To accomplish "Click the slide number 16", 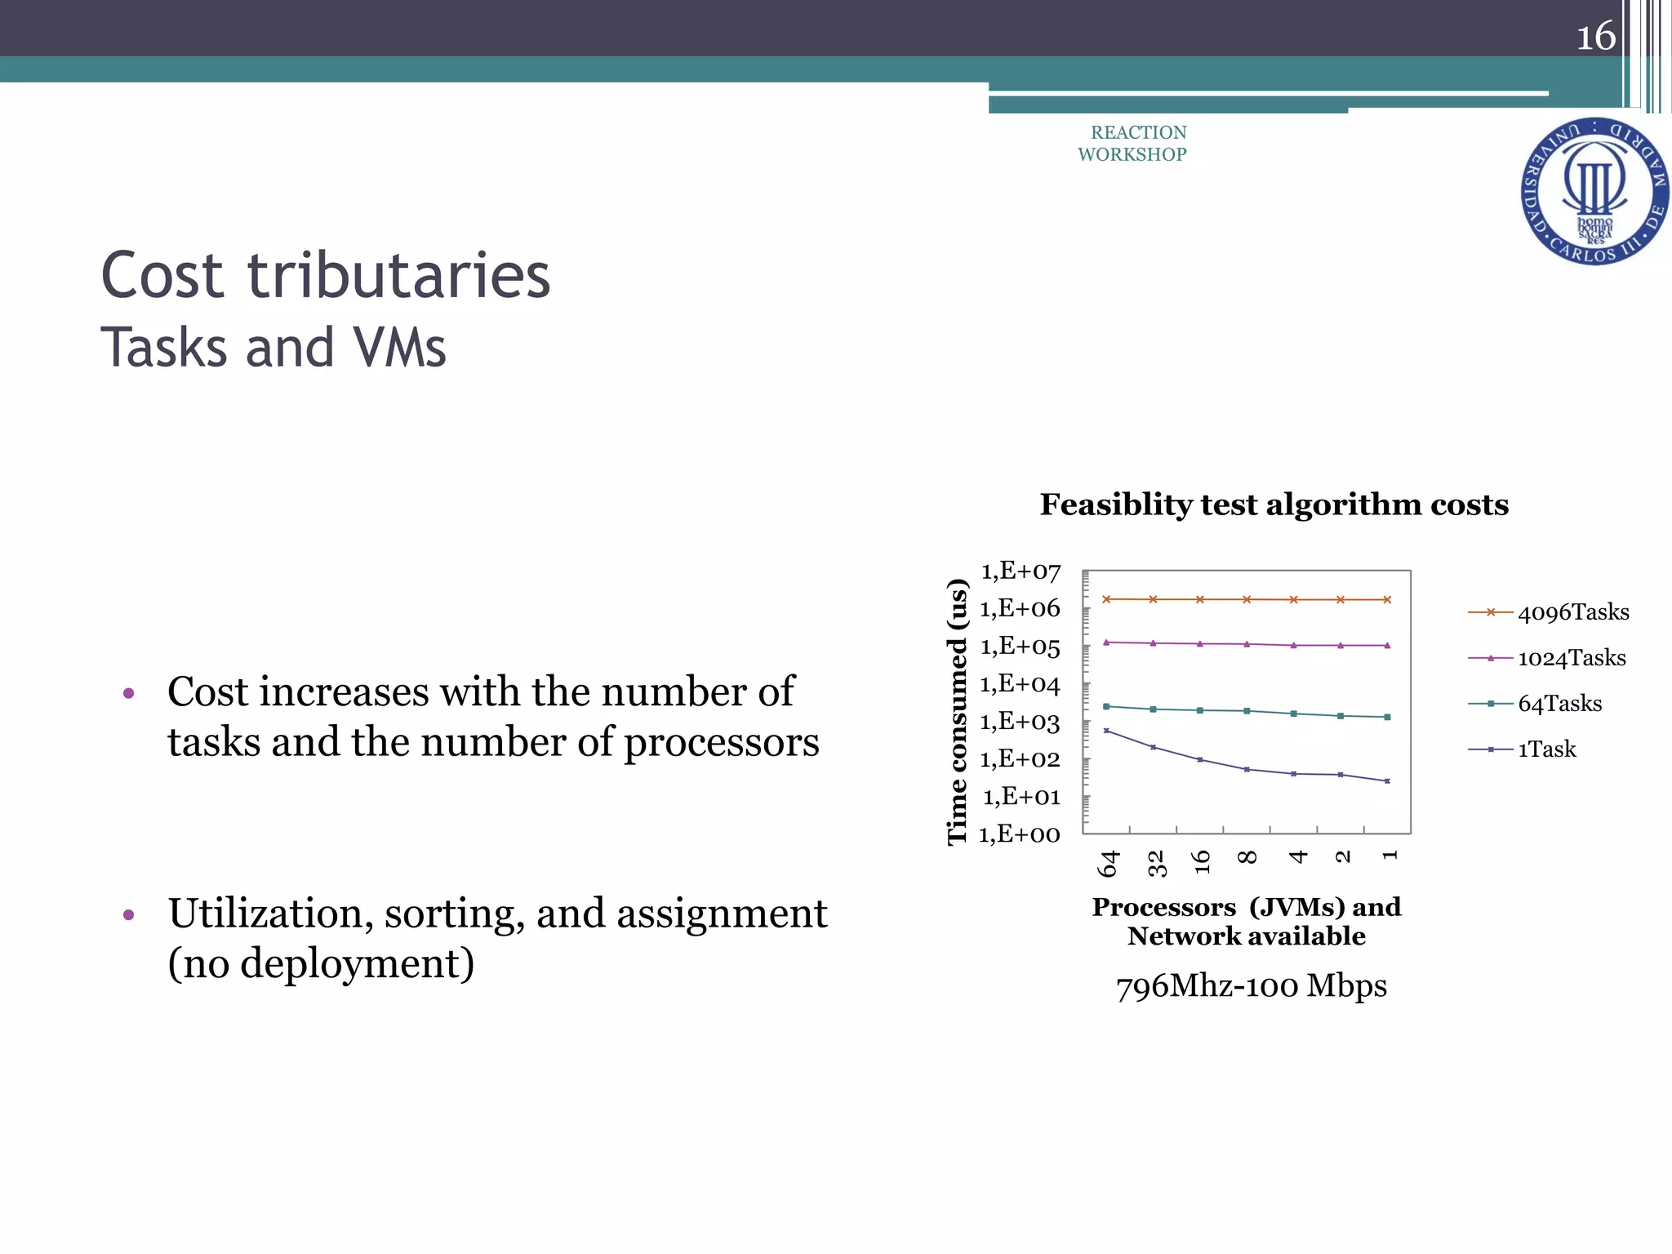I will click(1595, 37).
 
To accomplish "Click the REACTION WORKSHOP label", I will click(1133, 144).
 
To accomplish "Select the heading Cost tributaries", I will click(326, 276).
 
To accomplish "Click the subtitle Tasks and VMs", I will click(273, 348).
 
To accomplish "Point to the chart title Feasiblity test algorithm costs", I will click(1274, 505).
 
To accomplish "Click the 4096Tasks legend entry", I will click(1572, 612).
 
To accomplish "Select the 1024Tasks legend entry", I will click(1571, 658).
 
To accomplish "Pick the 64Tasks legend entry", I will click(1559, 704).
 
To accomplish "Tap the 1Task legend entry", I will click(1546, 749).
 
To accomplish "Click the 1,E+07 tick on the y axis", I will click(1021, 571).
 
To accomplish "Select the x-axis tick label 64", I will click(1108, 863).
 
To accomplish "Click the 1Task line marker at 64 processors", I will click(1106, 731).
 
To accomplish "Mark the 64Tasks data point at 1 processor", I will click(1387, 718).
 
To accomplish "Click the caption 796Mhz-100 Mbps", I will click(1251, 986).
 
